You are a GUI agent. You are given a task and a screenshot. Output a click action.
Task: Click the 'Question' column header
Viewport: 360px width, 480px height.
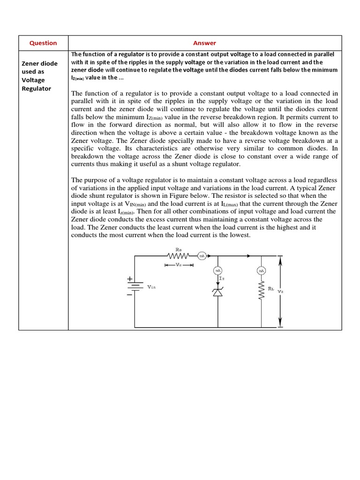pyautogui.click(x=43, y=43)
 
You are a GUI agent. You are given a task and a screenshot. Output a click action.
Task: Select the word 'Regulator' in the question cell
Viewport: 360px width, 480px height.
pyautogui.click(x=37, y=88)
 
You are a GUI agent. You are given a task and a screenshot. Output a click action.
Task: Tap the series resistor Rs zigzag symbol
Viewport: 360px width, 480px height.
pyautogui.click(x=178, y=256)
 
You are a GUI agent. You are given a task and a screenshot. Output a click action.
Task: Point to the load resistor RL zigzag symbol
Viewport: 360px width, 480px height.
pyautogui.click(x=261, y=292)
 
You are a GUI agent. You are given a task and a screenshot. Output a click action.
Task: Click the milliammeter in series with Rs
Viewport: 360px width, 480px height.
pyautogui.click(x=202, y=256)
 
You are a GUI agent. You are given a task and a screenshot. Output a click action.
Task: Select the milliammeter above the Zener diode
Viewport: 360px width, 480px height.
pyautogui.click(x=218, y=271)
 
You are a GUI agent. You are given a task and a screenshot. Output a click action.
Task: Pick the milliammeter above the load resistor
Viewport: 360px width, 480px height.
pyautogui.click(x=261, y=271)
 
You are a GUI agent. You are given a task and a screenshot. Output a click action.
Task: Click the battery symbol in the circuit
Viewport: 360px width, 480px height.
pyautogui.click(x=135, y=286)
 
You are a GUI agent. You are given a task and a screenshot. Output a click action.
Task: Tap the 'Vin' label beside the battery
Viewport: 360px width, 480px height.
pyautogui.click(x=151, y=286)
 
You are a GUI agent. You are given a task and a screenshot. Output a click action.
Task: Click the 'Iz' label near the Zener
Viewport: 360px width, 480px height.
pyautogui.click(x=222, y=278)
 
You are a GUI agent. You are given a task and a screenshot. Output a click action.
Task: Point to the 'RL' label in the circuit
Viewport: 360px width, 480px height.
pyautogui.click(x=271, y=289)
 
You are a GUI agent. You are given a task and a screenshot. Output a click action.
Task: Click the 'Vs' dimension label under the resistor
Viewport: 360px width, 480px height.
pyautogui.click(x=178, y=265)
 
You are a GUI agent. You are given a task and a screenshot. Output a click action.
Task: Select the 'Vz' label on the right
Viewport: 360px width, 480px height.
pyautogui.click(x=280, y=291)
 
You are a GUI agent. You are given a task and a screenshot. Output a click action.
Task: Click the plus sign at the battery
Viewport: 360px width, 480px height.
pyautogui.click(x=129, y=278)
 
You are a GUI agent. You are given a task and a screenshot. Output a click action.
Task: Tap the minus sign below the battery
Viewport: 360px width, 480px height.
pyautogui.click(x=129, y=295)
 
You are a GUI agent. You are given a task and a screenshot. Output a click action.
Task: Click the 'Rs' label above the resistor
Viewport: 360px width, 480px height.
pyautogui.click(x=178, y=249)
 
